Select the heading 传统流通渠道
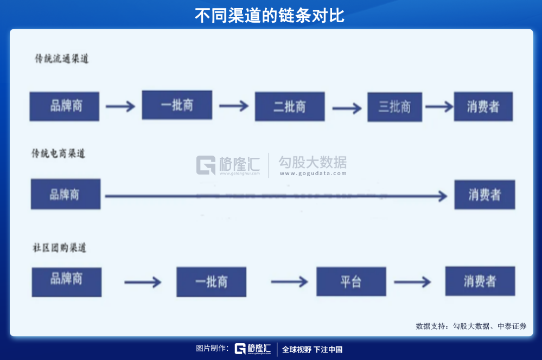(61, 59)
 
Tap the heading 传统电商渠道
(59, 153)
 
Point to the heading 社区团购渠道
(59, 248)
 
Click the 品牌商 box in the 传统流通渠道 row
(65, 106)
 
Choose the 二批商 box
(290, 107)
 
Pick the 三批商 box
(394, 107)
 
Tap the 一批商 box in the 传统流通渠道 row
(177, 105)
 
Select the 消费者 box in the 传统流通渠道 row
(483, 107)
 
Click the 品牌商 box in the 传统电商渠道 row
(66, 194)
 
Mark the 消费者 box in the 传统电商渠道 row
(484, 195)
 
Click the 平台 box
(351, 281)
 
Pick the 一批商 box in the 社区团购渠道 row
(211, 282)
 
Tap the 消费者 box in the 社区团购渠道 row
(480, 281)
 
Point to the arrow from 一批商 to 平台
(289, 282)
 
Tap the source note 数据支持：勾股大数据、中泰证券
(471, 326)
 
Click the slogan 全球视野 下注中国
(312, 350)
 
